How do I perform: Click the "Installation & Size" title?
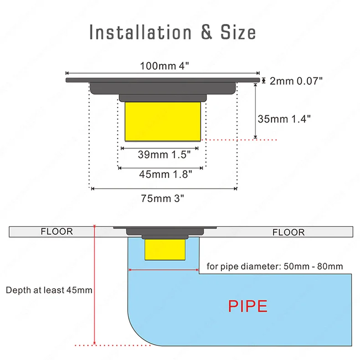coord(172,32)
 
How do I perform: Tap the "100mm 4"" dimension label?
coord(164,66)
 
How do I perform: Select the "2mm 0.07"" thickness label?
coord(296,81)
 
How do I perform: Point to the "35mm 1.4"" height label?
coord(284,119)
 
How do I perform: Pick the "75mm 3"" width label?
coord(164,198)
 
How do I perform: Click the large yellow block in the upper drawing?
coord(162,121)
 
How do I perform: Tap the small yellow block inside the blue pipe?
coord(165,250)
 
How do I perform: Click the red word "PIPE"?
coord(248,306)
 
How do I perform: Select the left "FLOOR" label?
coord(57,231)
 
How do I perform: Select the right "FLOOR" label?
coord(288,232)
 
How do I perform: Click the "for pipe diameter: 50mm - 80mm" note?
coord(275,266)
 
